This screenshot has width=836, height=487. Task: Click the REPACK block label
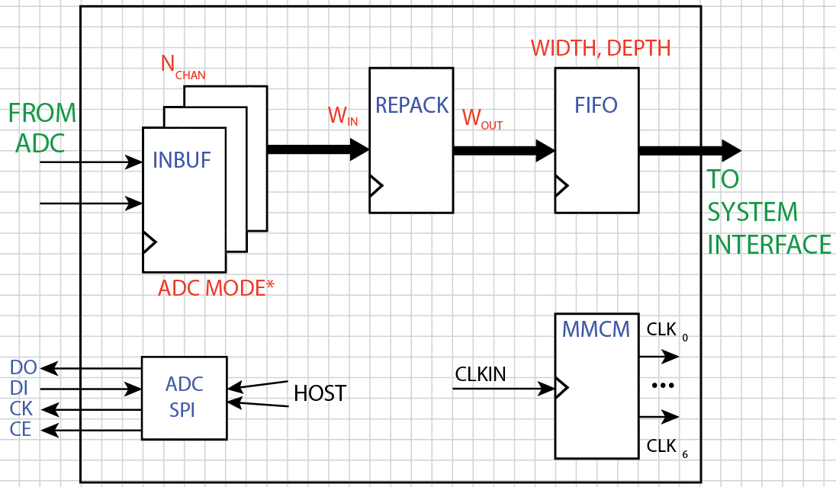412,105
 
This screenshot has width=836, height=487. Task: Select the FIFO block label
596,104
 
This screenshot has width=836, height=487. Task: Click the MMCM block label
596,330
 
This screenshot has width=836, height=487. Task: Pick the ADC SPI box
185,397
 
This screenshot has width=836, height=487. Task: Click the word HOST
320,393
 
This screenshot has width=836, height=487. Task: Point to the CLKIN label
481,374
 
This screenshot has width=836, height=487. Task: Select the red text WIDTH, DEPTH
600,48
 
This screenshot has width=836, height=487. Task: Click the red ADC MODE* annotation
216,288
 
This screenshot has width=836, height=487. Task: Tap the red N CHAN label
182,66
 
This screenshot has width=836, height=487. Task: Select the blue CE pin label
21,430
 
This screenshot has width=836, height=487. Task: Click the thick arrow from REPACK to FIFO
503,150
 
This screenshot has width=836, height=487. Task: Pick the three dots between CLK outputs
662,386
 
